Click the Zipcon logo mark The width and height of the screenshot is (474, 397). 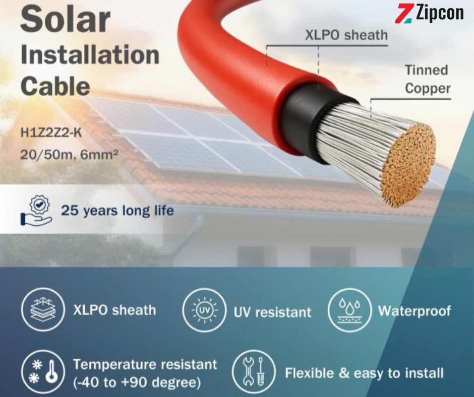click(403, 13)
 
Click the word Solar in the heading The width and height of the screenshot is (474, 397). click(65, 19)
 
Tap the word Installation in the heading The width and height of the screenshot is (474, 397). click(90, 55)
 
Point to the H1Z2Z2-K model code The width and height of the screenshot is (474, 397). click(51, 133)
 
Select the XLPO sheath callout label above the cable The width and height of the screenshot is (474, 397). click(346, 36)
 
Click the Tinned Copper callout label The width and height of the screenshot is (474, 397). click(428, 79)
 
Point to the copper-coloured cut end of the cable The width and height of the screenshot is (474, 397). click(408, 166)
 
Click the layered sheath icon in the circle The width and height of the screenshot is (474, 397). click(43, 309)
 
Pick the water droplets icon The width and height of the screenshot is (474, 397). click(350, 310)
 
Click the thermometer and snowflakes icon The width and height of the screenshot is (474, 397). click(43, 371)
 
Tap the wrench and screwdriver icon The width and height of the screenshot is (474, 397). click(254, 372)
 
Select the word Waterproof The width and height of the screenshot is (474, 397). click(414, 311)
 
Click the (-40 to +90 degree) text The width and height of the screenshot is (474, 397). click(137, 382)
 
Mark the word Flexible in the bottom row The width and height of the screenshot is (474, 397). click(310, 373)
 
